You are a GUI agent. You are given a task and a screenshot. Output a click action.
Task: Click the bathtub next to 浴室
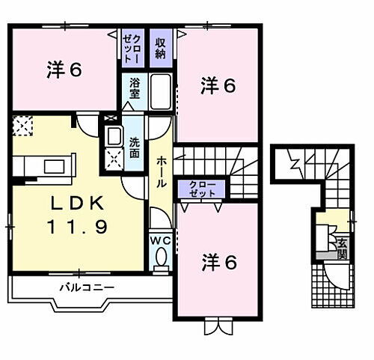[161, 93]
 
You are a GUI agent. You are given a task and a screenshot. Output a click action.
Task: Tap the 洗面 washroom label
[135, 148]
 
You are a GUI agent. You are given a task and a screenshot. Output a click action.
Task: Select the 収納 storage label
[160, 49]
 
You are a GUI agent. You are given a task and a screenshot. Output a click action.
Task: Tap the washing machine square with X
[114, 158]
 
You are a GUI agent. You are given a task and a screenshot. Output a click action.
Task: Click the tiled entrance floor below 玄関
[329, 288]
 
